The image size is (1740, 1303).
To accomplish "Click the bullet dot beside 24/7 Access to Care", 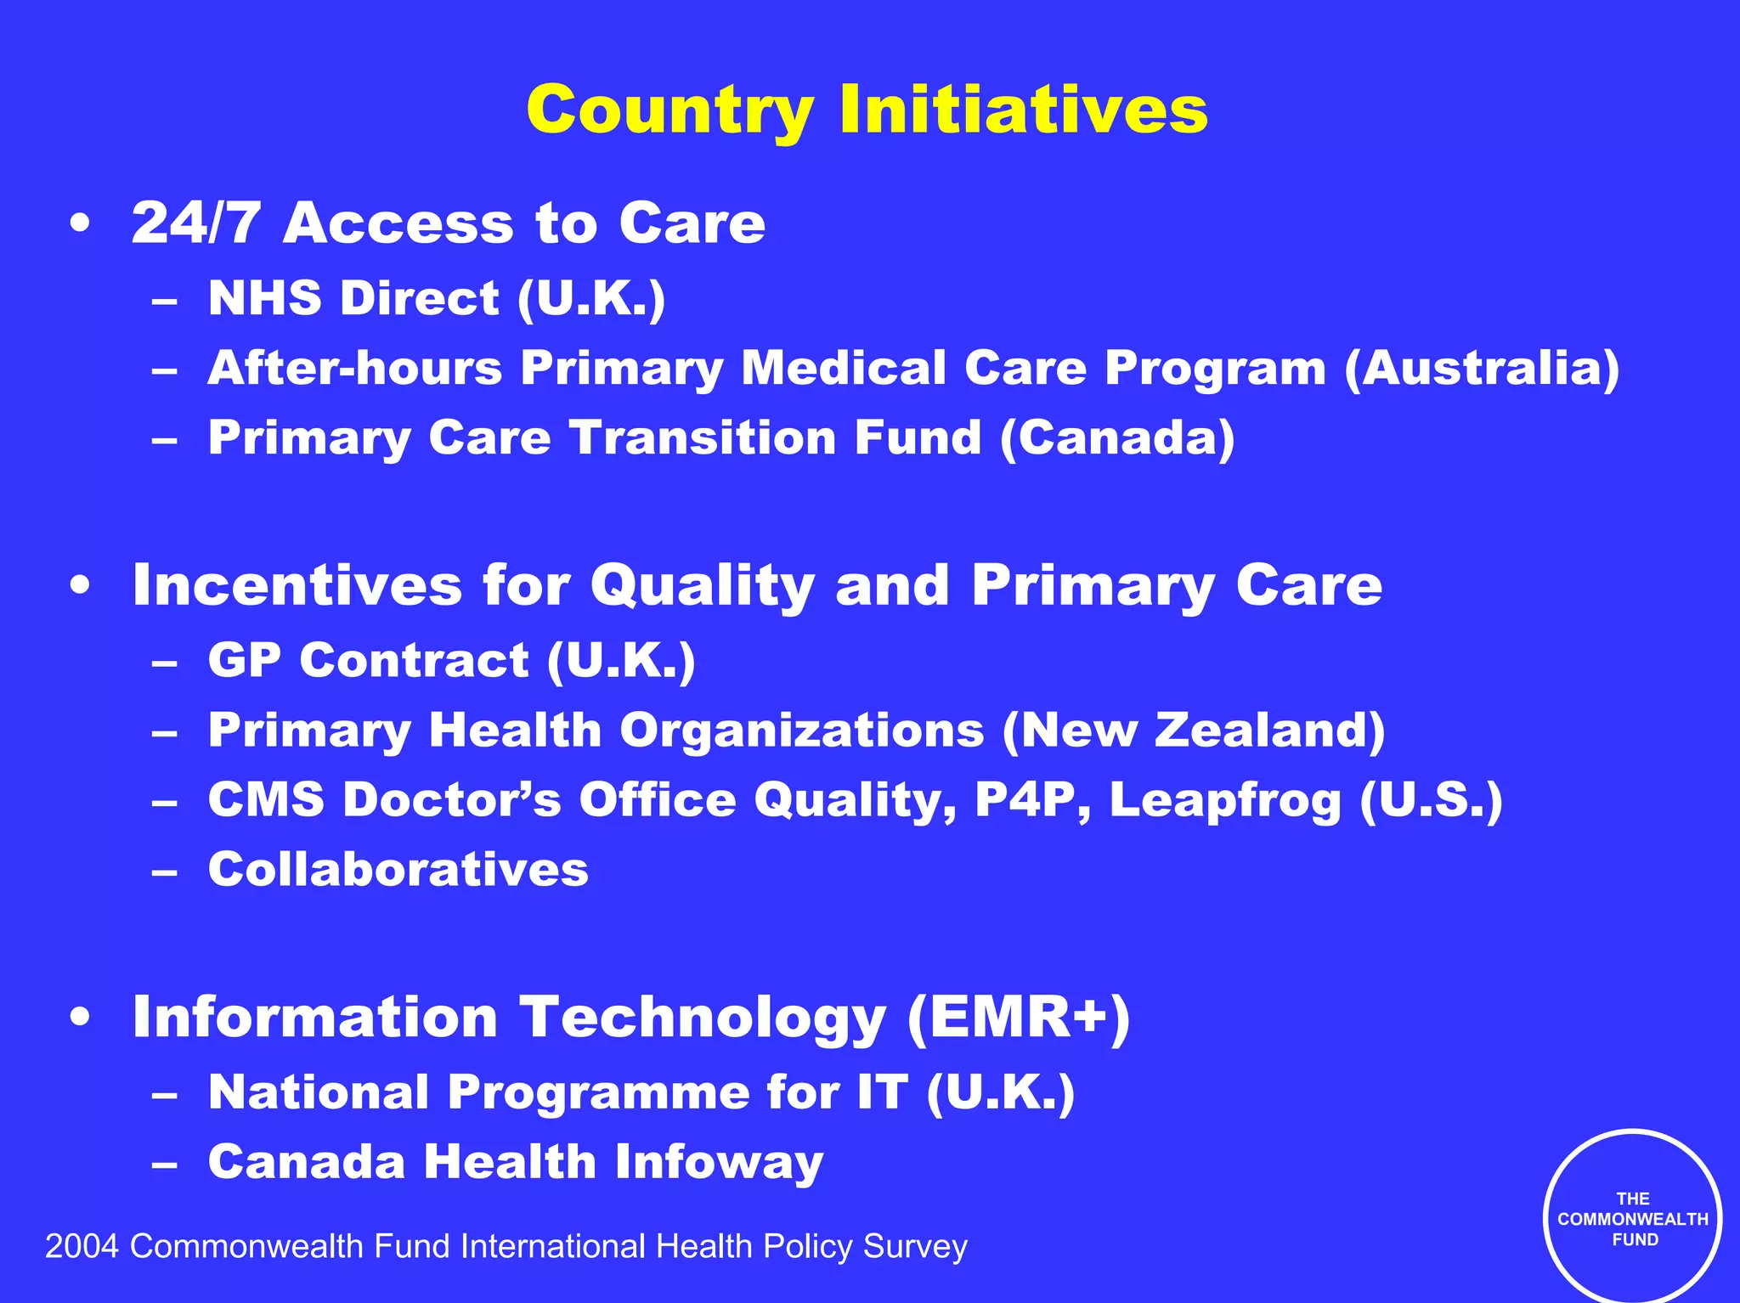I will coord(80,224).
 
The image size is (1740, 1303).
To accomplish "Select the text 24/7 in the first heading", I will coord(195,223).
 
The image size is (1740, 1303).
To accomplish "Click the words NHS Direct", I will coord(353,298).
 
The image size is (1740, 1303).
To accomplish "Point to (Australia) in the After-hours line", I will coord(1482,369).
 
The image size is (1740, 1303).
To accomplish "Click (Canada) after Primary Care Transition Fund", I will coord(1117,438).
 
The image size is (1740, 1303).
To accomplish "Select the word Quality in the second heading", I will coord(703,587).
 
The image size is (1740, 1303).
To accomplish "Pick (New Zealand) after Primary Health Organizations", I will coord(1194,730).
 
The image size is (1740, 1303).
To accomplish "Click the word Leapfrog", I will coord(1224,801).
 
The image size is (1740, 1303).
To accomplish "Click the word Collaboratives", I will coord(398,870).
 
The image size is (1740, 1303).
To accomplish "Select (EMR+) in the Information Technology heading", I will coord(1018,1018).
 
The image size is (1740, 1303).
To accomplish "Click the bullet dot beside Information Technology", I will coord(80,1018).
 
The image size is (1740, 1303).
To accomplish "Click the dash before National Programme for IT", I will coord(165,1095).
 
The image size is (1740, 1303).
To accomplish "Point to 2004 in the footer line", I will coord(81,1247).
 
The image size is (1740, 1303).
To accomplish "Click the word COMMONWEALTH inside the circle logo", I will coord(1632,1219).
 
